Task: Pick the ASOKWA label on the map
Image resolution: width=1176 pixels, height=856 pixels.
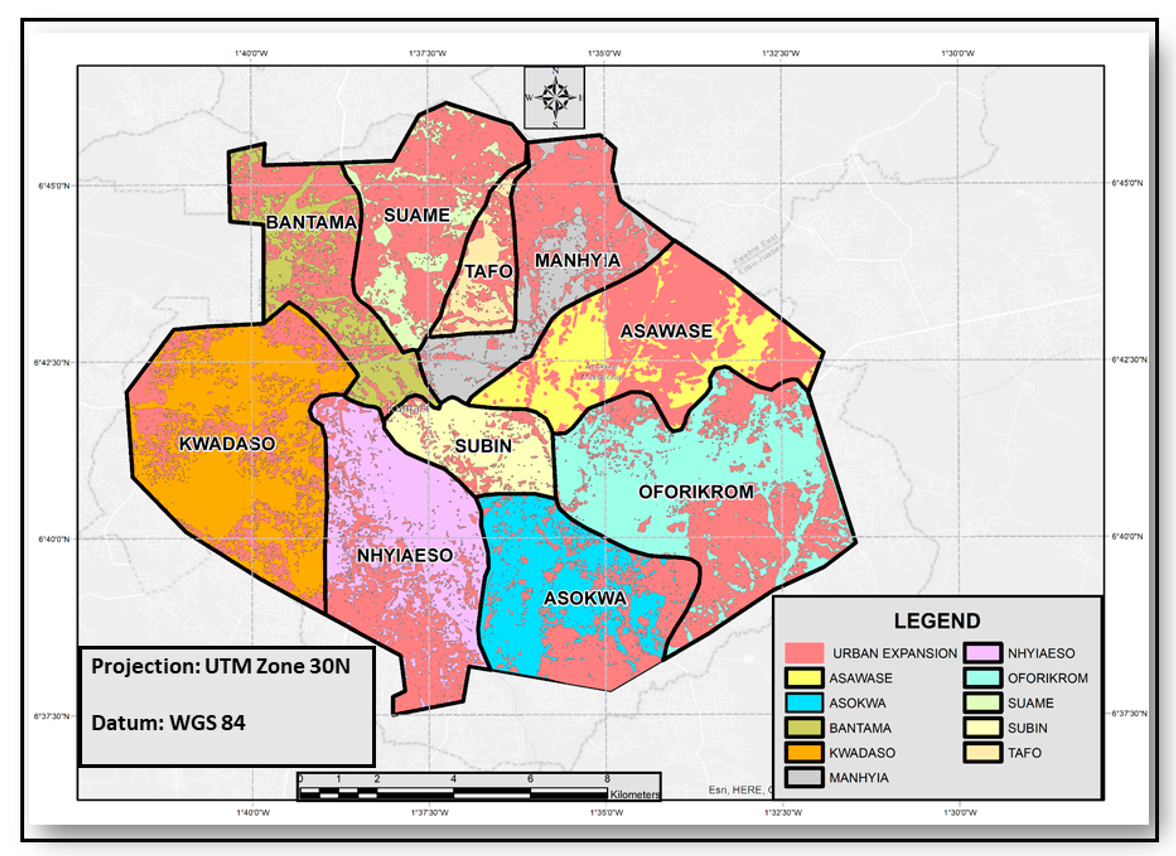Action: click(585, 598)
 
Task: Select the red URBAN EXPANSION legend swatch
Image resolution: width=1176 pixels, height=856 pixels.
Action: click(804, 653)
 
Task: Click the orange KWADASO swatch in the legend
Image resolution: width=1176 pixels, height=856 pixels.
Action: click(804, 752)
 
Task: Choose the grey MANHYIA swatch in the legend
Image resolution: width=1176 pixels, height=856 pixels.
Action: click(804, 777)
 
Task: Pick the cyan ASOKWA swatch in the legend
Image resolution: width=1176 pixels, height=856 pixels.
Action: click(804, 702)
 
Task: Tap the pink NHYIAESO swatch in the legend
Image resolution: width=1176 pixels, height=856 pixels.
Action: click(983, 653)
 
